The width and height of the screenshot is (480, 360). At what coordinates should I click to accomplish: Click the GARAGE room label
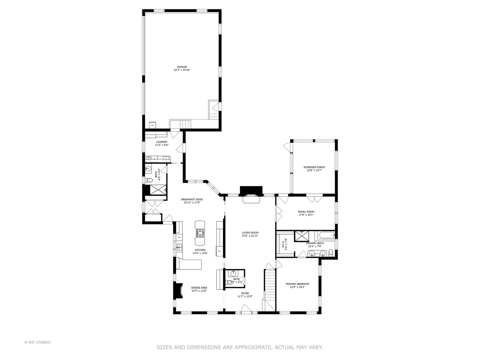pyautogui.click(x=182, y=67)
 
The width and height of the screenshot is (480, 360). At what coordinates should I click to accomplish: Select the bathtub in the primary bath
pyautogui.click(x=325, y=236)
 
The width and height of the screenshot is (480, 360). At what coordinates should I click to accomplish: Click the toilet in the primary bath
pyautogui.click(x=330, y=253)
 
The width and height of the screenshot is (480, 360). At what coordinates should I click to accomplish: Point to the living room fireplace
pyautogui.click(x=251, y=199)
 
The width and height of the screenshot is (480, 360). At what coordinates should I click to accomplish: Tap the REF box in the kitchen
pyautogui.click(x=219, y=251)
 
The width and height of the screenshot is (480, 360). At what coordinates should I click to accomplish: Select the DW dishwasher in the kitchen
pyautogui.click(x=179, y=237)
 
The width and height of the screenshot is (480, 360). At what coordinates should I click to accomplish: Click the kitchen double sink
pyautogui.click(x=179, y=247)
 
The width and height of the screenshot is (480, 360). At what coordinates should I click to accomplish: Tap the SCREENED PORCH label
pyautogui.click(x=314, y=167)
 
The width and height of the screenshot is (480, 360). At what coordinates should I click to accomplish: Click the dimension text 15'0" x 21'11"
pyautogui.click(x=250, y=236)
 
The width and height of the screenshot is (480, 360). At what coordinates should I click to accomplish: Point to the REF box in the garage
pyautogui.click(x=152, y=125)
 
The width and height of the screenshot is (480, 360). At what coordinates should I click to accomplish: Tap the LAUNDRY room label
pyautogui.click(x=162, y=142)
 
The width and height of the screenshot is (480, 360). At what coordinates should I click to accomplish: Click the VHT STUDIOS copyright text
pyautogui.click(x=37, y=342)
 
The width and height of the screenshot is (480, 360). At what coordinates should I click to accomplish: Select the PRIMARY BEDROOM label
pyautogui.click(x=297, y=284)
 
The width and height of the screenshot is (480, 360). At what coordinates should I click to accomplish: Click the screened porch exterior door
pyautogui.click(x=287, y=146)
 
